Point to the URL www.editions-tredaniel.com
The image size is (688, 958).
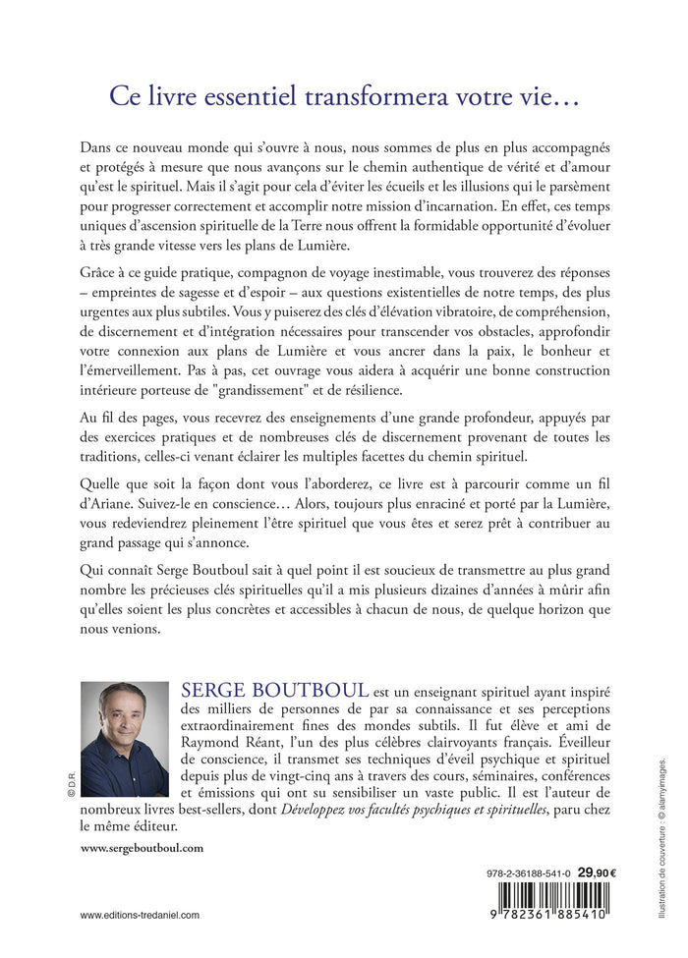pos(140,914)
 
